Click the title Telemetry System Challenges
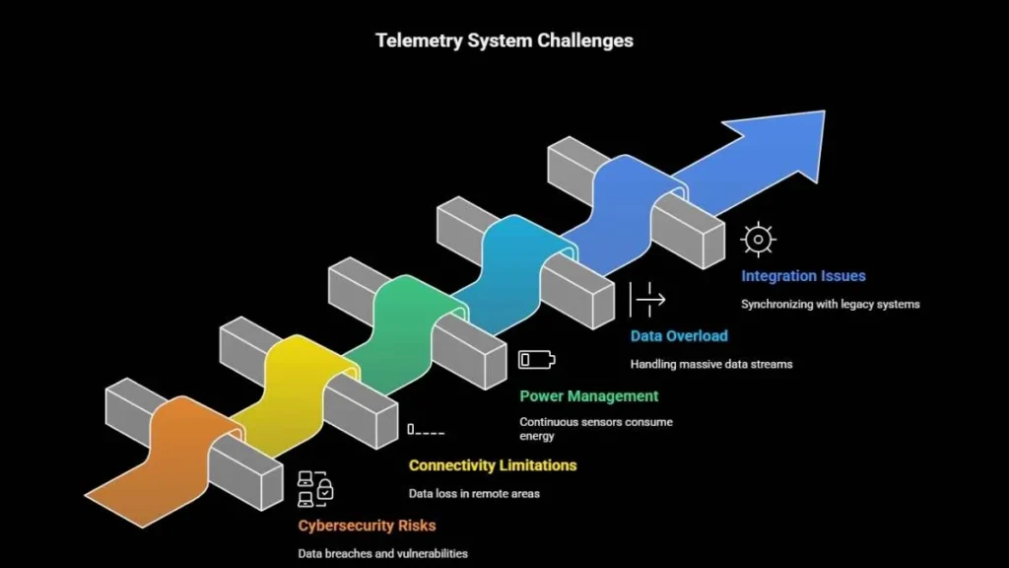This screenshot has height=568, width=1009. coord(504,40)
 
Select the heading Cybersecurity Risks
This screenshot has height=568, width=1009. coord(367,525)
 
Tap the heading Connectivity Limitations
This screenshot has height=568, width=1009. coord(493,464)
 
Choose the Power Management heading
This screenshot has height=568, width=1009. coord(588,395)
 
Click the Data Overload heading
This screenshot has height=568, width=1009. coord(679,335)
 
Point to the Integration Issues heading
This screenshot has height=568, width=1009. coord(803,276)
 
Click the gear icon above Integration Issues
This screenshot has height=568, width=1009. coord(758,239)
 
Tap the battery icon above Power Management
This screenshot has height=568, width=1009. coord(537,358)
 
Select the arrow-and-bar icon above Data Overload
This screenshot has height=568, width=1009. coord(646,298)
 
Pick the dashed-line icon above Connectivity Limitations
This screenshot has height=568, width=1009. coord(426,430)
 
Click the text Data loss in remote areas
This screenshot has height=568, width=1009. coord(474,493)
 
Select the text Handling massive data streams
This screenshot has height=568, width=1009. coord(710,364)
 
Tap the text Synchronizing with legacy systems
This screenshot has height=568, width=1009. coord(830,304)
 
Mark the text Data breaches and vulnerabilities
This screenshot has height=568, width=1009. coord(382,553)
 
